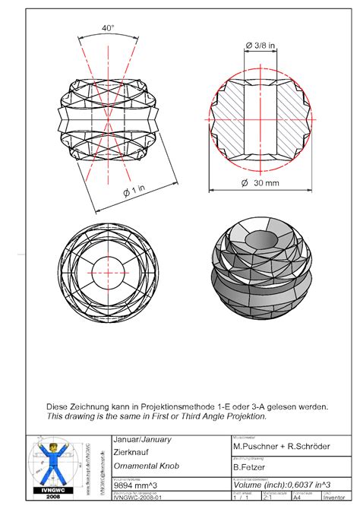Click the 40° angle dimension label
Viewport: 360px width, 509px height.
tap(108, 28)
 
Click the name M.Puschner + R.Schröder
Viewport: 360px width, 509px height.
tap(281, 447)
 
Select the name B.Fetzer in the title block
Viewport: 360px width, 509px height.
tap(254, 469)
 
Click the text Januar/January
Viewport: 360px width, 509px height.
tap(141, 439)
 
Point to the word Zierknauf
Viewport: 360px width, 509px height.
tap(131, 451)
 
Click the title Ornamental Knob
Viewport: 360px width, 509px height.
tap(145, 465)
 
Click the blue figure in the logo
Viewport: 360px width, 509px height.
tap(52, 466)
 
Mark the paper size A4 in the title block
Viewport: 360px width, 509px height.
tap(298, 498)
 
